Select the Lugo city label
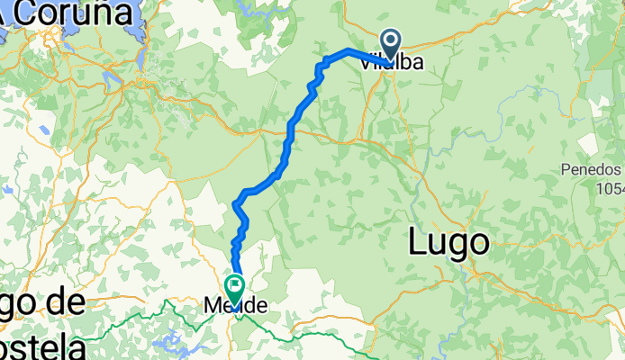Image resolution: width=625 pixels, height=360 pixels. click(x=448, y=241)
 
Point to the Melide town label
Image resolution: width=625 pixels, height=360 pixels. click(x=235, y=306)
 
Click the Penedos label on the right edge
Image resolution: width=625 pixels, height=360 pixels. click(x=593, y=170)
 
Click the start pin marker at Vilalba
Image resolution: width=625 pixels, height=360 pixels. click(x=391, y=41)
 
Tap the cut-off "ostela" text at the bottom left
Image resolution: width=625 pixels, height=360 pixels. click(x=43, y=346)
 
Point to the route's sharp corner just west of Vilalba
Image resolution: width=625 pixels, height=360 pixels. click(x=349, y=49)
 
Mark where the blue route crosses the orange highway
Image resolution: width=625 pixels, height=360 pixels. click(x=290, y=129)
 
